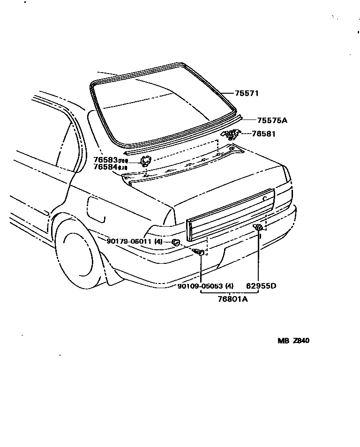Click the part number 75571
(247, 93)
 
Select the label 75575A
(265, 120)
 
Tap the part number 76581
(263, 134)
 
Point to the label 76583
(105, 160)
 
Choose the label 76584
(105, 167)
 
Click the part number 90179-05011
(128, 241)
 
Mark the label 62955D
(261, 286)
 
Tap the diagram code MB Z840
(293, 341)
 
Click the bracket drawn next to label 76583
(146, 161)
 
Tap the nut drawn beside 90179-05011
(176, 242)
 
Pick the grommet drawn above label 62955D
(258, 228)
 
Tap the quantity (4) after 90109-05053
(229, 286)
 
